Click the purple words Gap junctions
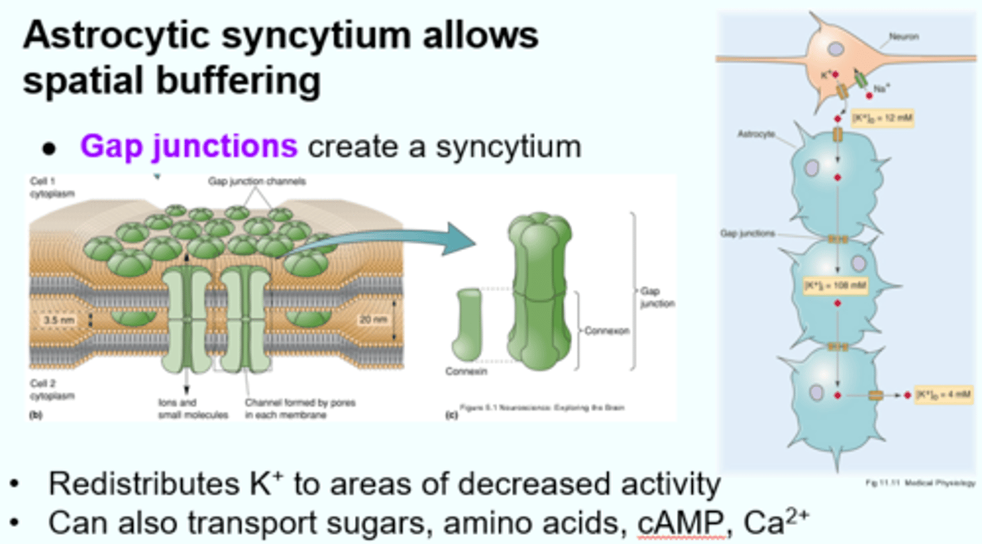pos(189,146)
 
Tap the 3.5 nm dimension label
pos(50,319)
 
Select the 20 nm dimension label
pos(370,319)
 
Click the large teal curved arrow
pos(382,239)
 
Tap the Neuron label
pos(904,37)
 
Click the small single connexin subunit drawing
pos(469,325)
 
